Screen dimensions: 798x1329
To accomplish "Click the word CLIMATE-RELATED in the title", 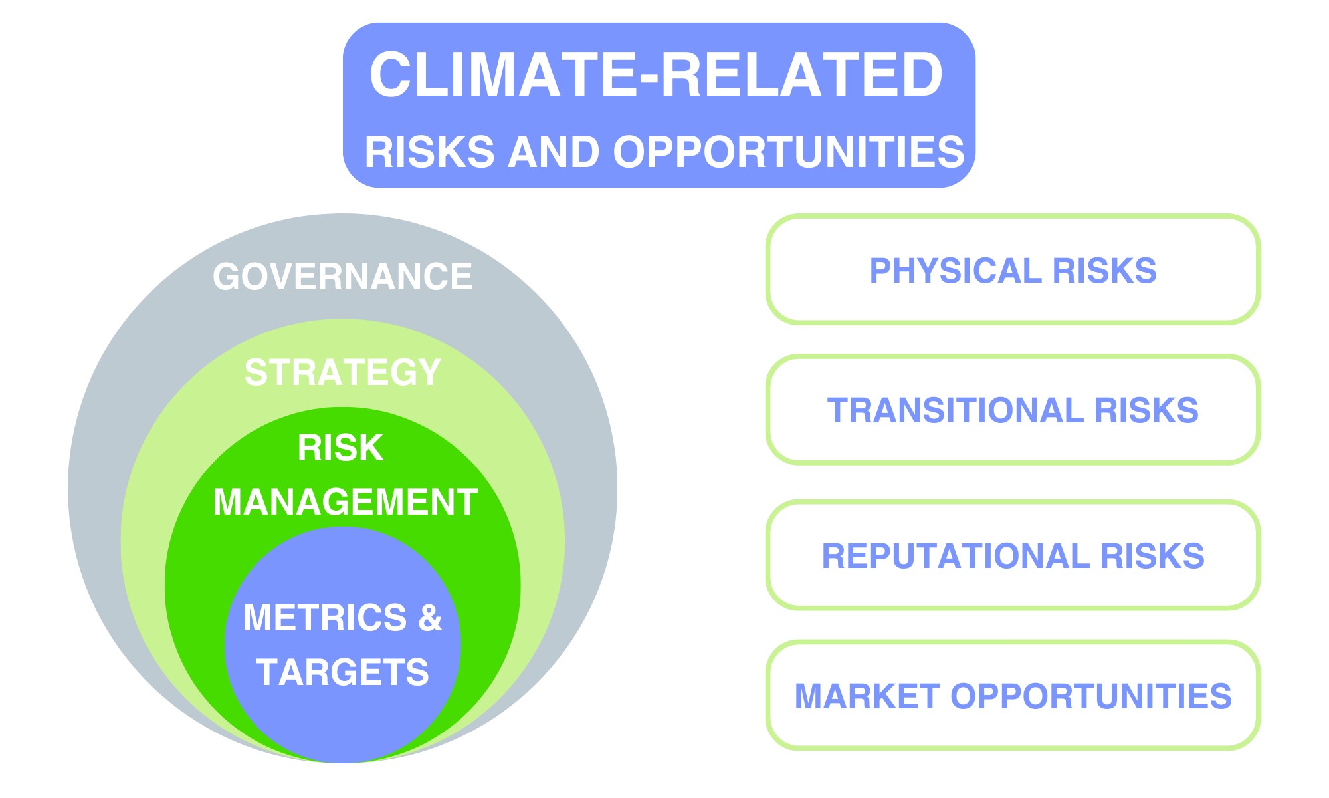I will tap(656, 74).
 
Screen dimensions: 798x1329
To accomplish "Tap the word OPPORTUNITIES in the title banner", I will tap(788, 152).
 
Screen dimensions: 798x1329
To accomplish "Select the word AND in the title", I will tap(554, 152).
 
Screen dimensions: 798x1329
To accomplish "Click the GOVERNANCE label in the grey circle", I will tap(342, 277).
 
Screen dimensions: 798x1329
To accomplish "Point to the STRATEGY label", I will tap(342, 372).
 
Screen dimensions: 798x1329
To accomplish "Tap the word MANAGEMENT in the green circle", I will tap(345, 502).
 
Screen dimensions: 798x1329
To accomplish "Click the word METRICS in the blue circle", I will tap(324, 618).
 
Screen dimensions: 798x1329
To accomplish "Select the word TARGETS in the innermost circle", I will tap(342, 672).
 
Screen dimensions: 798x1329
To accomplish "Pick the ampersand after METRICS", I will tap(430, 618).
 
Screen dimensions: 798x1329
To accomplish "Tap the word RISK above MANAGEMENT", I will tap(340, 448).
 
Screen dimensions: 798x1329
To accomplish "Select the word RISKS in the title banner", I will tap(429, 152).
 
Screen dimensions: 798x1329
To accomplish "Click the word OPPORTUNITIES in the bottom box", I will tap(1090, 696).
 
